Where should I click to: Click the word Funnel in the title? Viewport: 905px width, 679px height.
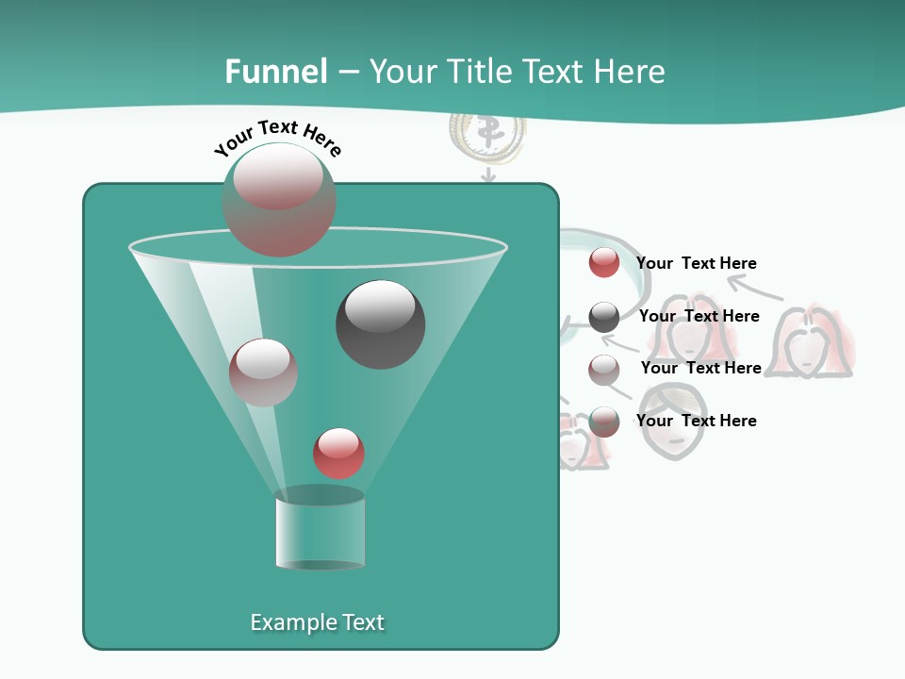point(276,72)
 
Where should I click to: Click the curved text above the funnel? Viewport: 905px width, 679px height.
point(278,137)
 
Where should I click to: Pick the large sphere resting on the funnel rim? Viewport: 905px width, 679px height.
point(279,199)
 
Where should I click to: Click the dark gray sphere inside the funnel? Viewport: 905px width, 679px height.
point(380,324)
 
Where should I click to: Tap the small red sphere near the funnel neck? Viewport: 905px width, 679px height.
point(339,453)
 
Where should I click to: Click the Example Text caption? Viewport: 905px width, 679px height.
point(318,622)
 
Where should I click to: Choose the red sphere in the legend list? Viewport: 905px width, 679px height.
point(603,263)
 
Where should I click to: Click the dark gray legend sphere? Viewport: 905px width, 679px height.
point(604,317)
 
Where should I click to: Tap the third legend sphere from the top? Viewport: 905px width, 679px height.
point(604,369)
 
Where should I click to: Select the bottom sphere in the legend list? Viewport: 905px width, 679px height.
point(604,422)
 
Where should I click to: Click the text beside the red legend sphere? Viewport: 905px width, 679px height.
point(696,263)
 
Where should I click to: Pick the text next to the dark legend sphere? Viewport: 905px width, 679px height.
point(699,316)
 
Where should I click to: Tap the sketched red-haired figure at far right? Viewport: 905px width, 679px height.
point(813,341)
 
